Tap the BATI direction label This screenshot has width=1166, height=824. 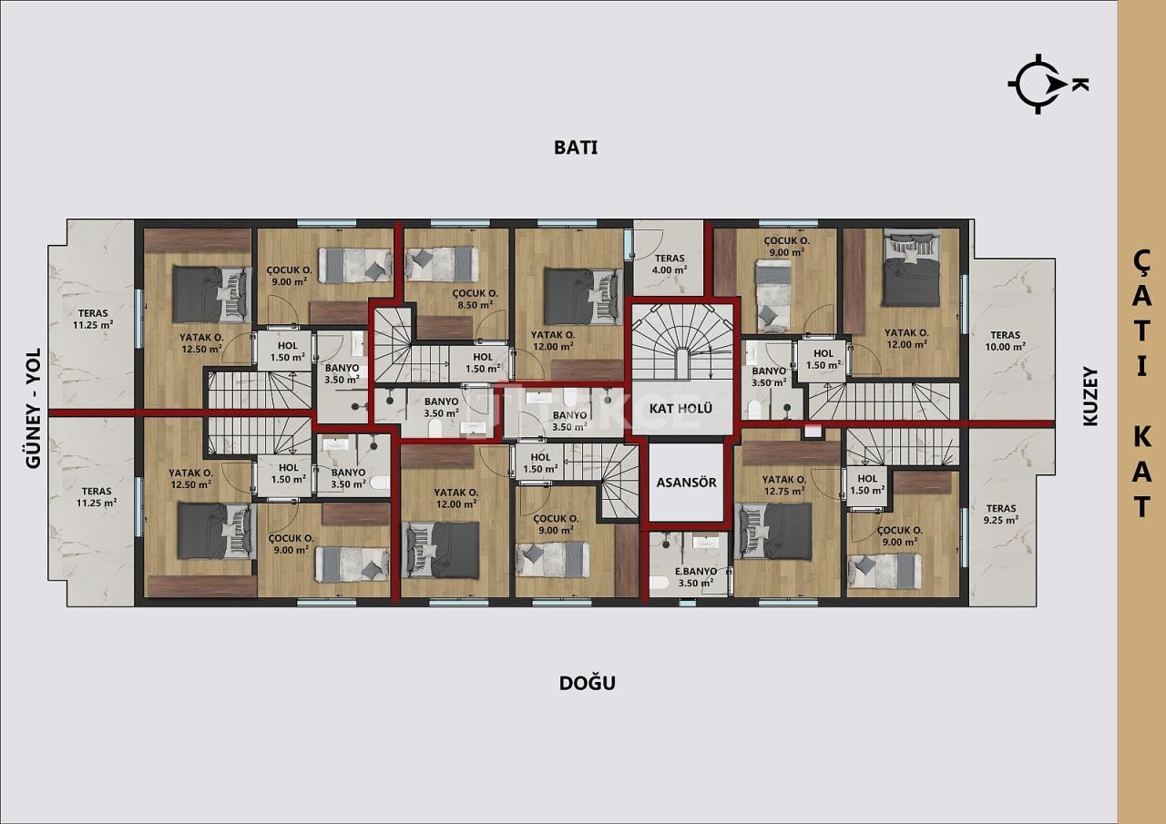tap(576, 148)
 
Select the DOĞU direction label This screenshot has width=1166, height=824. tap(587, 683)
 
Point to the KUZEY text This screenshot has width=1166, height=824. tap(1090, 396)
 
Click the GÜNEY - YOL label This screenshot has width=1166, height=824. tap(35, 410)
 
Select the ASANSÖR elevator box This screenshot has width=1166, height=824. tap(687, 482)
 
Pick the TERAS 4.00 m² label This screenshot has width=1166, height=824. tap(669, 264)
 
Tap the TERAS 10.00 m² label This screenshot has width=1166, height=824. tap(1005, 341)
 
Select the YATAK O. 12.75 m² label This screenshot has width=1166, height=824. tap(783, 485)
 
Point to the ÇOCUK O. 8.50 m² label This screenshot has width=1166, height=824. tap(476, 300)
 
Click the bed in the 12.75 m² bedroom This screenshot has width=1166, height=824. tap(774, 532)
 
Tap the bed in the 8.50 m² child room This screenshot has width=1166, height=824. tap(442, 263)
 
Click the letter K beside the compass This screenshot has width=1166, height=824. tap(1079, 84)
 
